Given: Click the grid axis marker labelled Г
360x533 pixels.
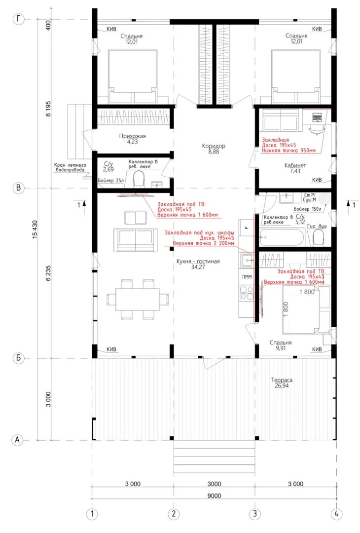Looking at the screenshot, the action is (x=18, y=19).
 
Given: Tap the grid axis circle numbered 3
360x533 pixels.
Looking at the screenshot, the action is (x=255, y=514).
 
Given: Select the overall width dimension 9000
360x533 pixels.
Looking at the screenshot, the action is (x=214, y=495).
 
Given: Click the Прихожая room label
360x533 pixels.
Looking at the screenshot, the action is (x=133, y=136).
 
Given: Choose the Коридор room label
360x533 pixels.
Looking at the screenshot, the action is (x=214, y=146).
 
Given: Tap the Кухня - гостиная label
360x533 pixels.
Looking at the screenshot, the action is (x=198, y=262).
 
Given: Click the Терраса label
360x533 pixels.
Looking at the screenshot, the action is (x=282, y=380).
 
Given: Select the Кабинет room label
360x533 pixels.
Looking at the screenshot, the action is (x=295, y=165).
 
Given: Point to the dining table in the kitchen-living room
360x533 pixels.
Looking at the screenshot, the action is (x=137, y=299).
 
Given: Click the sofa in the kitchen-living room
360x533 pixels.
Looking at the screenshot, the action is (x=136, y=240).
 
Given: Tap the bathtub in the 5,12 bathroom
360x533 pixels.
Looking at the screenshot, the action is (x=282, y=237).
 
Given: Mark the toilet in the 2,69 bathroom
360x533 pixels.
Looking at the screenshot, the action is (x=139, y=179).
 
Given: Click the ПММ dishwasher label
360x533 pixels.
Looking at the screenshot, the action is (x=247, y=277).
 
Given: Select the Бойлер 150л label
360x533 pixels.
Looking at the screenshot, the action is (x=307, y=209).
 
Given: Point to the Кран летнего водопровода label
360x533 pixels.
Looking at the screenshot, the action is (x=70, y=167).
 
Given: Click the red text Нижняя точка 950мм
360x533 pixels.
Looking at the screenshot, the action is (x=288, y=150).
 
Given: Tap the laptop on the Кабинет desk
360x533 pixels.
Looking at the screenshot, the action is (x=317, y=117).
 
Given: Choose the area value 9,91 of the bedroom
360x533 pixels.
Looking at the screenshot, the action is (x=281, y=348).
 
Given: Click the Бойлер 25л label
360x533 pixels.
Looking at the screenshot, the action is (x=111, y=181).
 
